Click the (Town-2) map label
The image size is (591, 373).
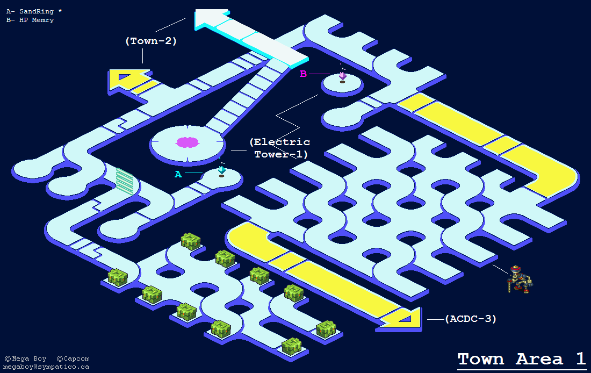[151, 40]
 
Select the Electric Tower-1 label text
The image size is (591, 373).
[279, 148]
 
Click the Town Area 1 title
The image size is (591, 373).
[521, 359]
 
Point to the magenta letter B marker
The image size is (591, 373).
[303, 74]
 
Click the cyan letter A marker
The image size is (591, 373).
[178, 174]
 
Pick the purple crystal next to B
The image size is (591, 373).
[342, 76]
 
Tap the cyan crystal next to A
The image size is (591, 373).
[221, 170]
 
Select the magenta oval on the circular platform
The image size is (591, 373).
[188, 142]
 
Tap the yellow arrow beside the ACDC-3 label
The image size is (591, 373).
[403, 318]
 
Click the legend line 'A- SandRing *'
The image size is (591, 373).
[34, 11]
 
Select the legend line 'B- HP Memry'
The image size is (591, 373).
[30, 20]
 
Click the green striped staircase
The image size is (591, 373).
[125, 178]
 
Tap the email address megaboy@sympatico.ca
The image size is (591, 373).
[47, 367]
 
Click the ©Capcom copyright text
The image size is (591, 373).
[73, 358]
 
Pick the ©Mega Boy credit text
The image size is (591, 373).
[25, 358]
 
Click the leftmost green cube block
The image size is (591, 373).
[118, 277]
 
